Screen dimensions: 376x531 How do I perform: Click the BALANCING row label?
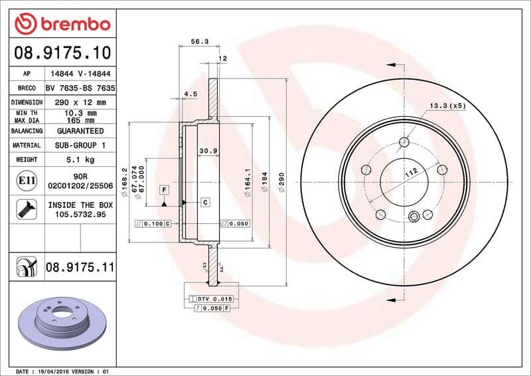(27, 131)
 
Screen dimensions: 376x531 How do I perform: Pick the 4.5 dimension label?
(190, 94)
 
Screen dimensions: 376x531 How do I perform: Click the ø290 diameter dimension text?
(281, 182)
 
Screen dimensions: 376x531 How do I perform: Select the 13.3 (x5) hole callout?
(447, 106)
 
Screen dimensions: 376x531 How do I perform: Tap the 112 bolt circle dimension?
(410, 174)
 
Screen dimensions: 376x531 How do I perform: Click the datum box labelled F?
(162, 191)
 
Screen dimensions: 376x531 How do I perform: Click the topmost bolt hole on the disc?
(404, 141)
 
